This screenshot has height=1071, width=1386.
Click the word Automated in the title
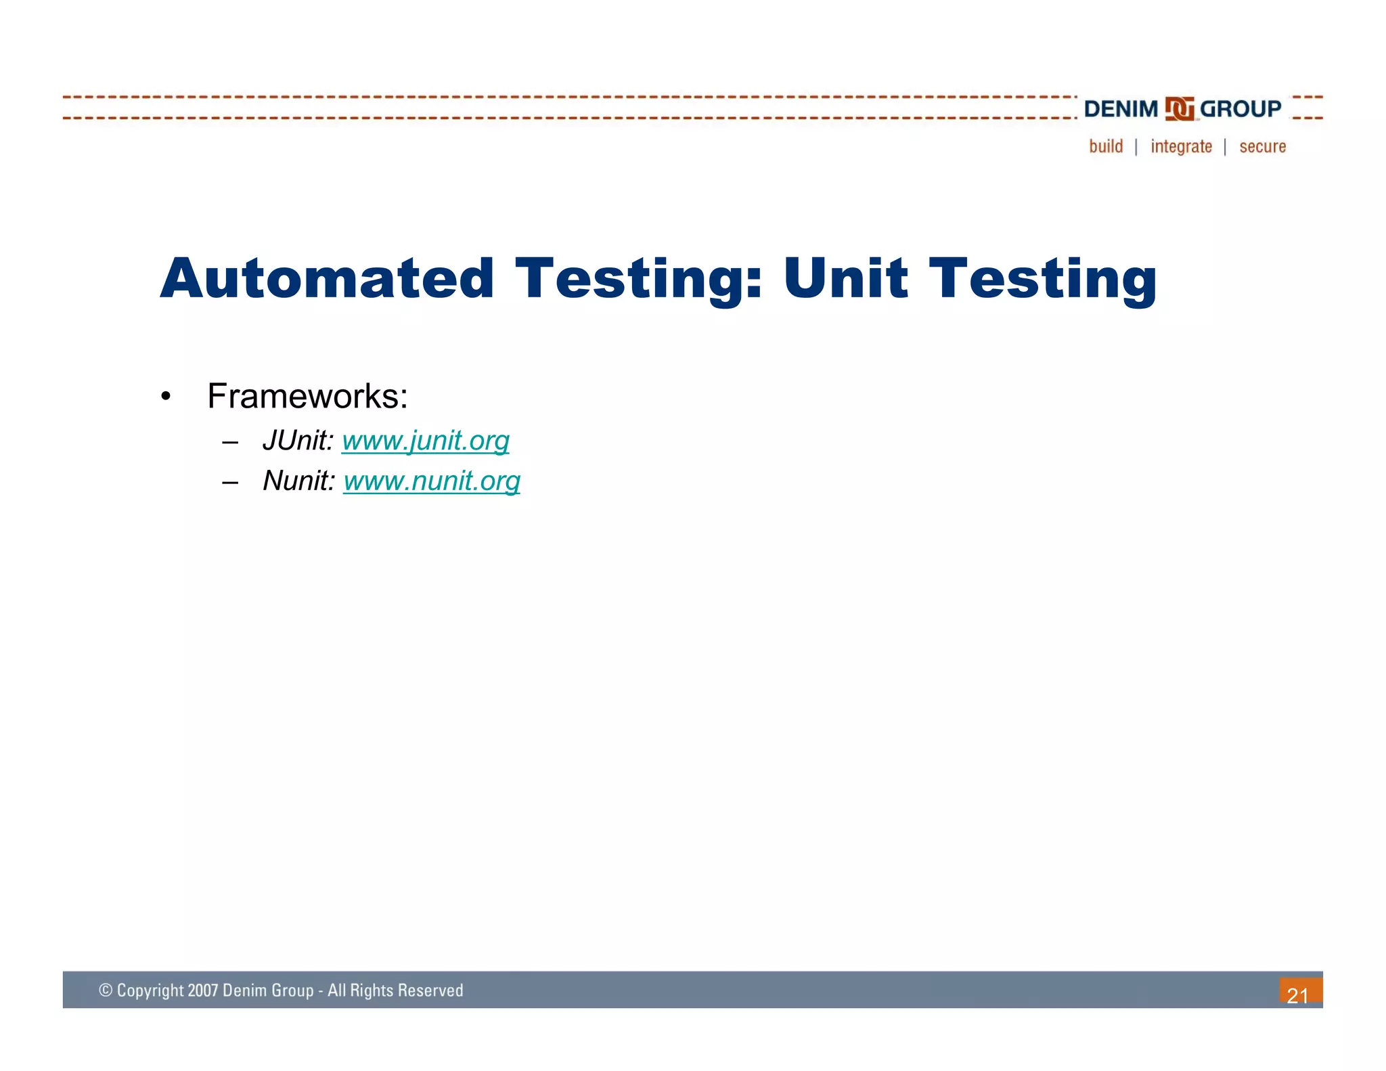coord(327,278)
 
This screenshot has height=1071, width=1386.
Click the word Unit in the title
coord(845,278)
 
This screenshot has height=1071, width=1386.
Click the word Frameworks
coord(307,396)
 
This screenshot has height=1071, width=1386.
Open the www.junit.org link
coord(425,441)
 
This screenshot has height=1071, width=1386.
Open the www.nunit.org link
coord(431,481)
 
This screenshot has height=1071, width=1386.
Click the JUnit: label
coord(298,441)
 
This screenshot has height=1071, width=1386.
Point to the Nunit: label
coord(298,481)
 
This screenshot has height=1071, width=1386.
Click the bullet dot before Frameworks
coord(166,397)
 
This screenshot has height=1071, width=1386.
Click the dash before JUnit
coord(230,443)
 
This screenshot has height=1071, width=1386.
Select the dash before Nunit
coord(230,483)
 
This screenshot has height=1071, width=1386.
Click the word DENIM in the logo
coord(1121,109)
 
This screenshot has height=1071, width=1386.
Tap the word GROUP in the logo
coord(1240,109)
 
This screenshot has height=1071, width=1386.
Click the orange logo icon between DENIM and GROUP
coord(1180,109)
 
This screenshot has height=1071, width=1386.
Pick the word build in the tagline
coord(1106,146)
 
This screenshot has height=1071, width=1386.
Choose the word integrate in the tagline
coord(1181,146)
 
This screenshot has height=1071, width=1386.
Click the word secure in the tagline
coord(1262,146)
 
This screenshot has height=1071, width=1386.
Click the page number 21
coord(1297,995)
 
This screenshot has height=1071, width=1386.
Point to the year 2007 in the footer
coord(203,990)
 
